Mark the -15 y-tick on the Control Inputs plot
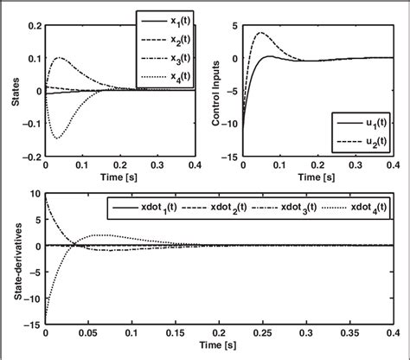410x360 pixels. click(x=230, y=157)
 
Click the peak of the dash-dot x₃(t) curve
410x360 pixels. click(x=60, y=58)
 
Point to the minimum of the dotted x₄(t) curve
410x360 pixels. click(x=57, y=138)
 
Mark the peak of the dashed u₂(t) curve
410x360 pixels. click(x=265, y=33)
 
